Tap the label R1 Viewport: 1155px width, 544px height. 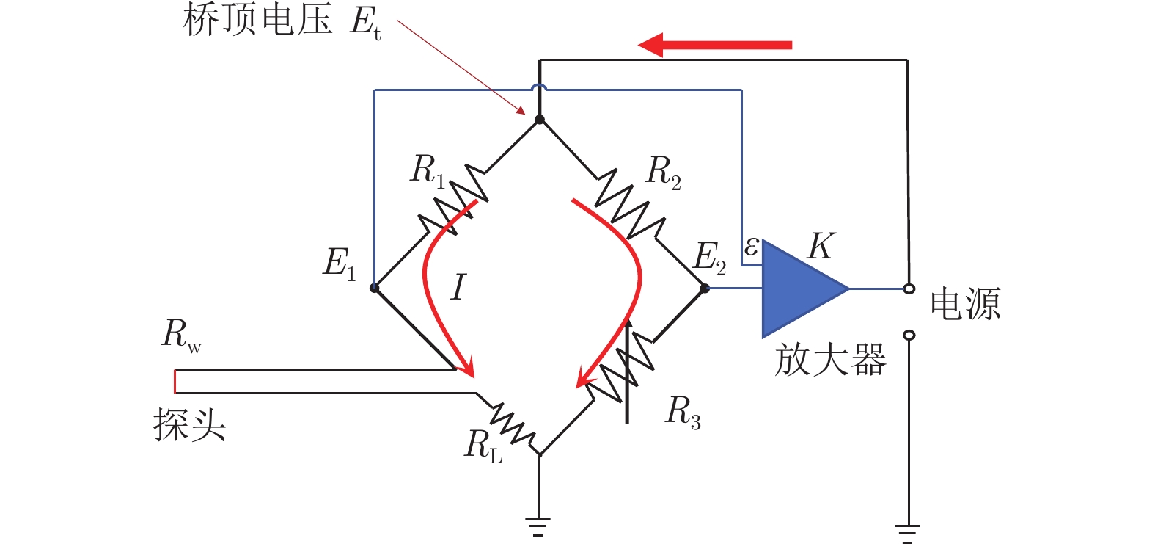click(427, 170)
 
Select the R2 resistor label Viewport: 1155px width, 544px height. click(663, 173)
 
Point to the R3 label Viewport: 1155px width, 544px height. click(682, 413)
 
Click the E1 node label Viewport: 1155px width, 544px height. click(339, 264)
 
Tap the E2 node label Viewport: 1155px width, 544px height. click(709, 258)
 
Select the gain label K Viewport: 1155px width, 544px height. click(820, 247)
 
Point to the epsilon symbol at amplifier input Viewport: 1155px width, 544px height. click(751, 247)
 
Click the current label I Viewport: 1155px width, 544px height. click(458, 287)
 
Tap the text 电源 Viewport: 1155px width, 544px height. click(965, 303)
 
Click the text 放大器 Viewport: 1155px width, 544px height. click(830, 360)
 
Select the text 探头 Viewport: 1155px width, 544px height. click(189, 425)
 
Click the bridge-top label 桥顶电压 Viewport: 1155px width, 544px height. click(257, 20)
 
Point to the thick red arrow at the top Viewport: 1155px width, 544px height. click(715, 45)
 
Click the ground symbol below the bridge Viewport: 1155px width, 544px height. click(539, 526)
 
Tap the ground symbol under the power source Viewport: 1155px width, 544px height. click(908, 532)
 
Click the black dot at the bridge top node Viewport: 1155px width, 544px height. click(540, 120)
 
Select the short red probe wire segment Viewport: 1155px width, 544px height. click(175, 382)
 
